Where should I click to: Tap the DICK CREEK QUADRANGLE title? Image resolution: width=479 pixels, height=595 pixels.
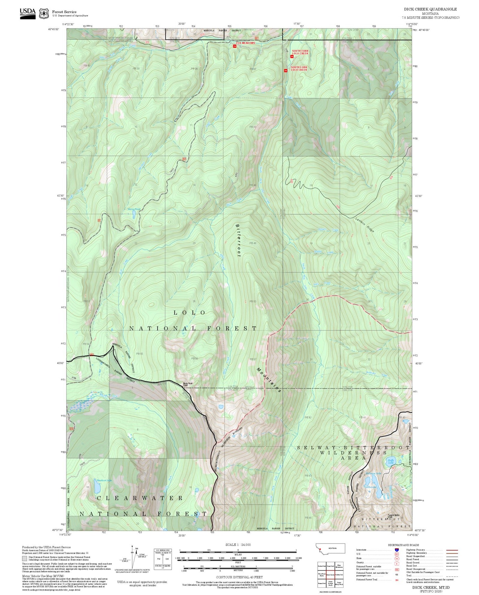430,9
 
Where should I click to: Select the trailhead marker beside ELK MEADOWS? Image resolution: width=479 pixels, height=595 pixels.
235,46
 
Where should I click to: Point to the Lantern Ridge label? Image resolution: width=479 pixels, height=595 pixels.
365,225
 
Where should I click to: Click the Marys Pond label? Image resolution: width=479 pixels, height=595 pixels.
133,209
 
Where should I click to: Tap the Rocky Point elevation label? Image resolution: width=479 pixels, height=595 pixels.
187,385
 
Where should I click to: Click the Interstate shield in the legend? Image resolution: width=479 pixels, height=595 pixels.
396,550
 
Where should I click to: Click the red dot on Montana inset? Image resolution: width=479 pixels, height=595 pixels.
321,551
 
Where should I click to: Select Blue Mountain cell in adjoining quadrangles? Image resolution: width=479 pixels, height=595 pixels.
339,566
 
